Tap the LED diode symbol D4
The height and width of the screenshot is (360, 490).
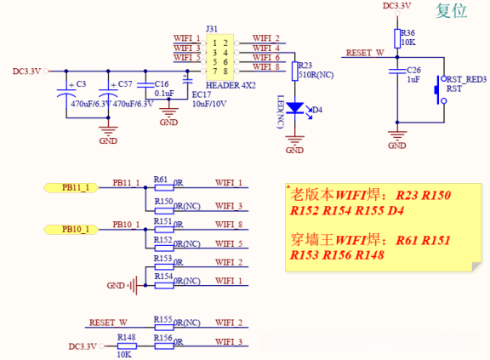click(294, 108)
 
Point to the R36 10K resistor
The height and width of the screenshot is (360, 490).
click(397, 38)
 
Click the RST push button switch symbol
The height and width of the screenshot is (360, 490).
click(440, 89)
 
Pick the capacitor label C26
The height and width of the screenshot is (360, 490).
click(413, 69)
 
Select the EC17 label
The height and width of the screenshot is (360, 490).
click(202, 94)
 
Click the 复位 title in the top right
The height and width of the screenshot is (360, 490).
click(452, 10)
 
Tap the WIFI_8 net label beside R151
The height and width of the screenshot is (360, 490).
click(229, 225)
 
